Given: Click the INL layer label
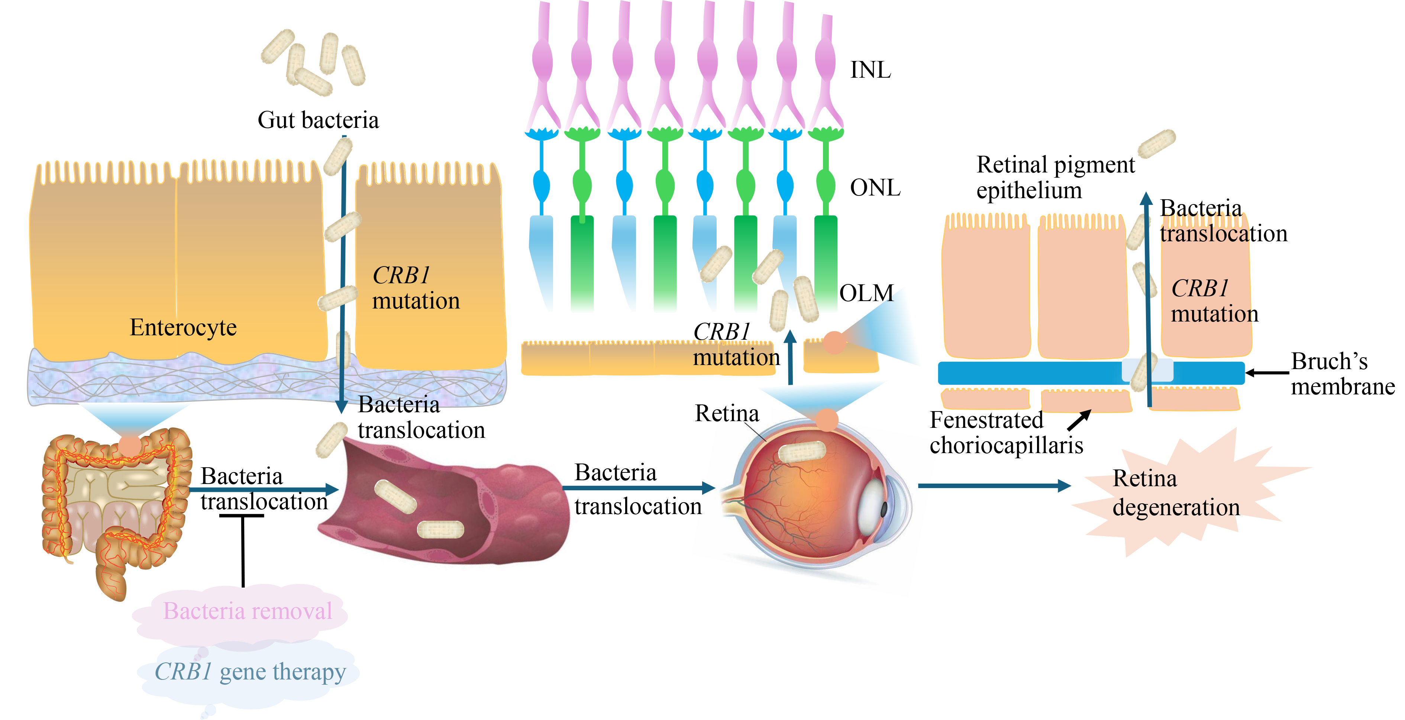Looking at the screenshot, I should click(871, 70).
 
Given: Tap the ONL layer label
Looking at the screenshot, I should click(875, 188).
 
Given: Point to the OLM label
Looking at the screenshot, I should click(866, 293).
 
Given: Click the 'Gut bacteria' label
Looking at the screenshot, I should click(318, 120).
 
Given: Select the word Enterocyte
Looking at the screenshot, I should click(183, 327).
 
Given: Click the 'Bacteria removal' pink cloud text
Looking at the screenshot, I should click(247, 611).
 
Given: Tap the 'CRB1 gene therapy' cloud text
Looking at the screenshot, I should click(250, 671).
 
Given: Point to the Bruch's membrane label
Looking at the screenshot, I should click(1342, 374).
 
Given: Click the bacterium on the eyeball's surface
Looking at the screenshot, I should click(802, 452).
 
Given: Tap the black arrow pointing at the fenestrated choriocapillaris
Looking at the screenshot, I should click(1079, 420).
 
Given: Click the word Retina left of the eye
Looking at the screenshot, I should click(727, 413).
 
